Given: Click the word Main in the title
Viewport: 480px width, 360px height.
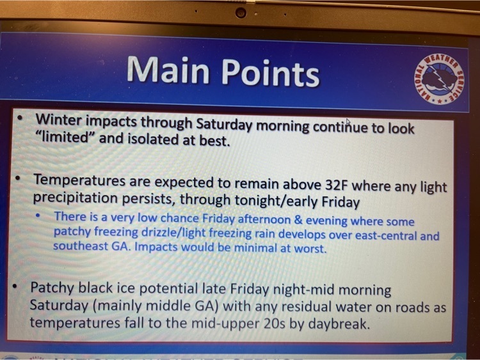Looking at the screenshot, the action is (168, 70).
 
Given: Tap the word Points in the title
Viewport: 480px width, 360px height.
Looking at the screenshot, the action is (271, 72).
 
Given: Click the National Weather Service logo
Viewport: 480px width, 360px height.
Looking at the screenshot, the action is (439, 79).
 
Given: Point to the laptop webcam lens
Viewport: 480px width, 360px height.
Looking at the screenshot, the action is (241, 13).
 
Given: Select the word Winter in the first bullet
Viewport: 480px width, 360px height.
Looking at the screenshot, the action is (58, 120).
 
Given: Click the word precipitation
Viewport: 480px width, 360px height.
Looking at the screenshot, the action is (75, 198).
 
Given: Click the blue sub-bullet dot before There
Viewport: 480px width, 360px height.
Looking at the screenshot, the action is (38, 215).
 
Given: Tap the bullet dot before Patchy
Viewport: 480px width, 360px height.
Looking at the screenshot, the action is (14, 286).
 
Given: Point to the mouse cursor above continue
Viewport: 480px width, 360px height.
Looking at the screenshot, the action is (348, 121).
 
